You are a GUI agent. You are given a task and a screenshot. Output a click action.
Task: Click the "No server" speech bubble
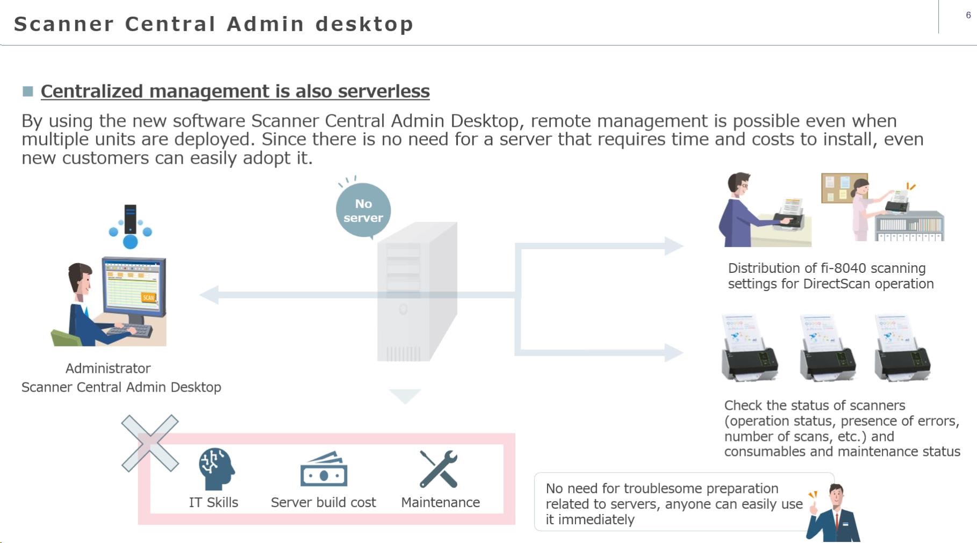[363, 211]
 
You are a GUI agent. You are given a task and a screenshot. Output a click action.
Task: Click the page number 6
[968, 15]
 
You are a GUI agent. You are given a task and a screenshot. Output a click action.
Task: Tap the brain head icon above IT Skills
[216, 469]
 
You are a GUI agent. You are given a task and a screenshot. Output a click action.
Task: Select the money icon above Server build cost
[324, 470]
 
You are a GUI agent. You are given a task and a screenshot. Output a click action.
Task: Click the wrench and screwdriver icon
[439, 469]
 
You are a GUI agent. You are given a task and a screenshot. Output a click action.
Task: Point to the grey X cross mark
[150, 443]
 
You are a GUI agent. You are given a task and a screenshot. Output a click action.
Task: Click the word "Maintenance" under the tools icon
[440, 502]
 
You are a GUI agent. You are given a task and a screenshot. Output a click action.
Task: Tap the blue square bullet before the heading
[28, 91]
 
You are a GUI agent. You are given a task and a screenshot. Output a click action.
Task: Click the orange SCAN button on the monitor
[148, 297]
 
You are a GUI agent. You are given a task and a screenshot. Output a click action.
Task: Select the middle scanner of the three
[827, 349]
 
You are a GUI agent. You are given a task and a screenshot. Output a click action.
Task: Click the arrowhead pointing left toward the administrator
[209, 295]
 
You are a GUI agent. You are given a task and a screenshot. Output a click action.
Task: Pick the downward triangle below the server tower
[405, 396]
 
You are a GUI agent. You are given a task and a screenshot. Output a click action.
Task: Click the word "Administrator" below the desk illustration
[108, 368]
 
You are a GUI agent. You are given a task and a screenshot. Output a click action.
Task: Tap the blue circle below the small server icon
[130, 242]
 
